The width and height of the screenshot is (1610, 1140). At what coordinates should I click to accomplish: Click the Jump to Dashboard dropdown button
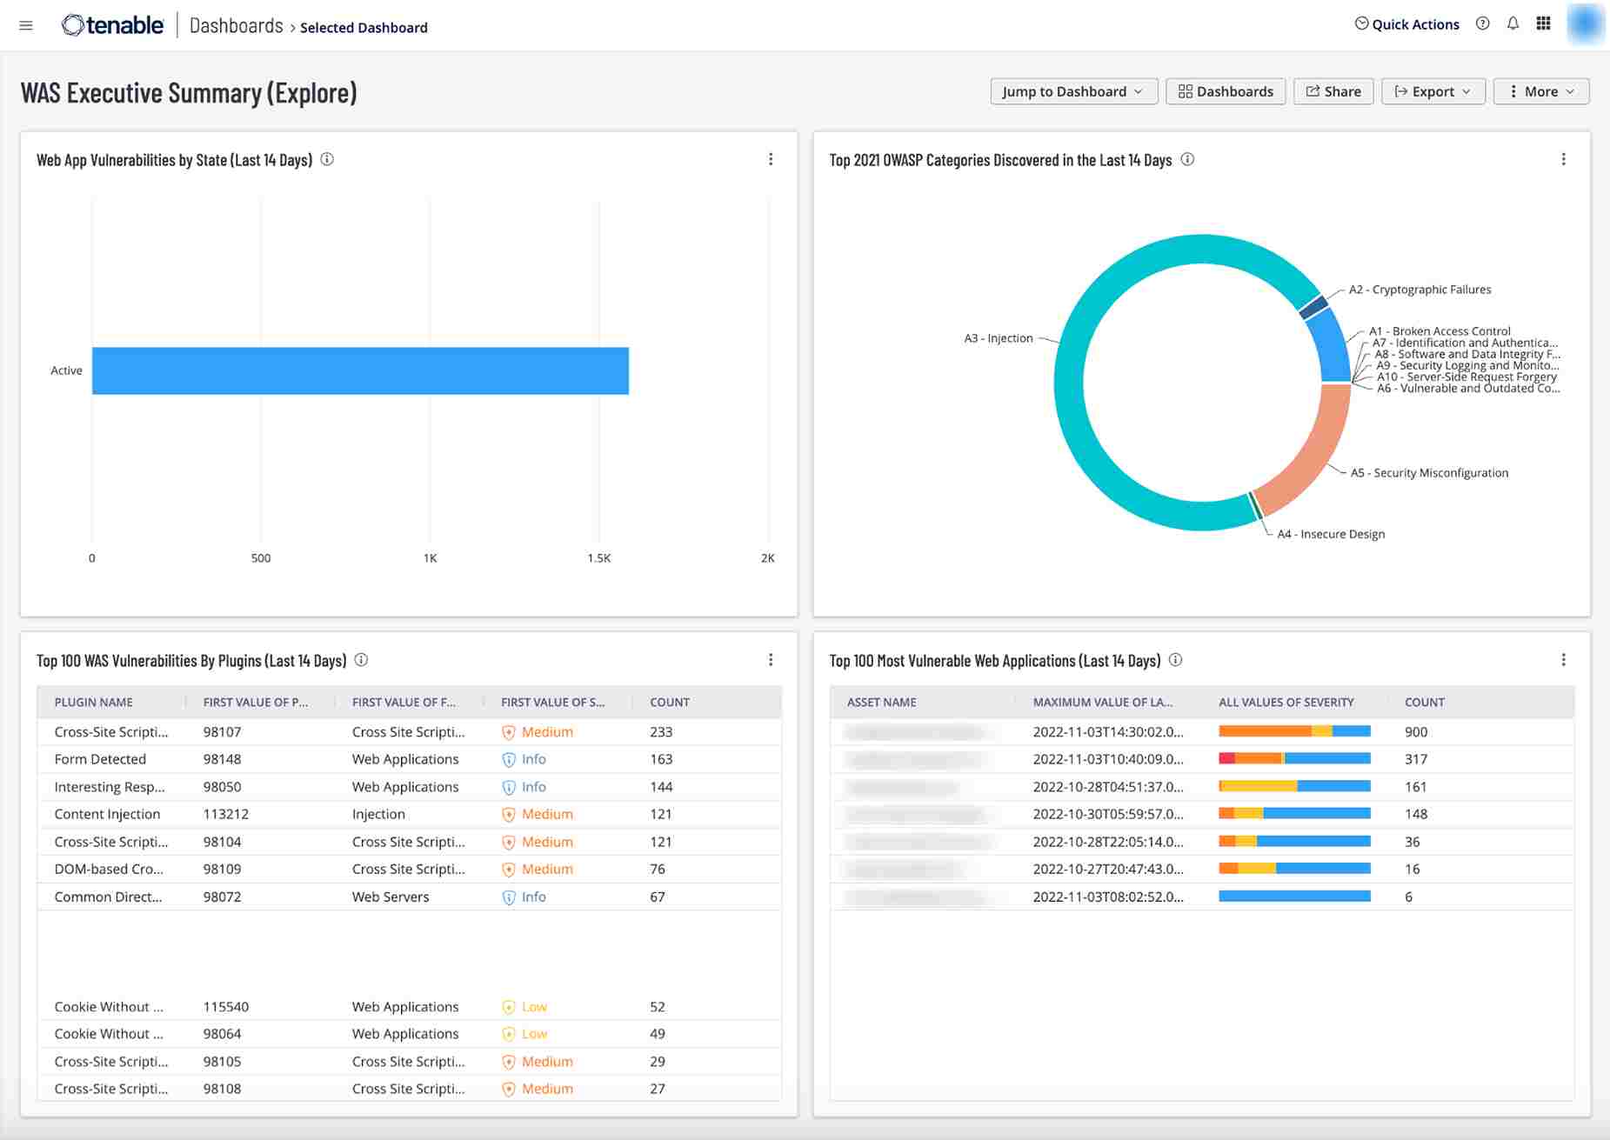coord(1072,91)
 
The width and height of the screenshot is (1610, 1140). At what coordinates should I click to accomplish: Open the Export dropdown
coord(1433,91)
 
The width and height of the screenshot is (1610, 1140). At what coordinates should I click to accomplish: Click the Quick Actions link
coord(1407,24)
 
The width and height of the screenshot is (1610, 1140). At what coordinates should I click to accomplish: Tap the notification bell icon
coord(1513,24)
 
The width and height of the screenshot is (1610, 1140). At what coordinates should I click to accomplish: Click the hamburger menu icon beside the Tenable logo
coord(26,25)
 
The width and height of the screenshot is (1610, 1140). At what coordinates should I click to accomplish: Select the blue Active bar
coord(360,370)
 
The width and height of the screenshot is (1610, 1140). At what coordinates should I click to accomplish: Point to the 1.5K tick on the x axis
coord(598,558)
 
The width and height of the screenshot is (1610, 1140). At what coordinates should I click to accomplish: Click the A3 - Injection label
coord(998,338)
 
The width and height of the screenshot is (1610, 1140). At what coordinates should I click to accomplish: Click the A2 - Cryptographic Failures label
coord(1420,290)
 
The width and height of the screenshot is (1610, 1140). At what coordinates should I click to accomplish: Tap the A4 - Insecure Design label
coord(1330,534)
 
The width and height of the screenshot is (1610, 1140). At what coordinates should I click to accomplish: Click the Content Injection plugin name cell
coord(107,814)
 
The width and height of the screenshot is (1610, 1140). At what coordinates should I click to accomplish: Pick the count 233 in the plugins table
coord(661,732)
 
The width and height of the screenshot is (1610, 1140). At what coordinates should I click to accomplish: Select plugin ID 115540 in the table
coord(226,1007)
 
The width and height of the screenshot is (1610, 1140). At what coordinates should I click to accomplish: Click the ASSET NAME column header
coord(881,702)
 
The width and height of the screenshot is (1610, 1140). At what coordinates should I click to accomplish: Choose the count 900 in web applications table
coord(1416,732)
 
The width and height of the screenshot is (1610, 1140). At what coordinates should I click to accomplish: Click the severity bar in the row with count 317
coord(1294,759)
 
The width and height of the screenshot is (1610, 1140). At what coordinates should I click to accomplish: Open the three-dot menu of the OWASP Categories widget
coord(1563,159)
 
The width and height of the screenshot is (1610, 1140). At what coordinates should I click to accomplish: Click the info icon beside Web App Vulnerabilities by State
coord(327,159)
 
